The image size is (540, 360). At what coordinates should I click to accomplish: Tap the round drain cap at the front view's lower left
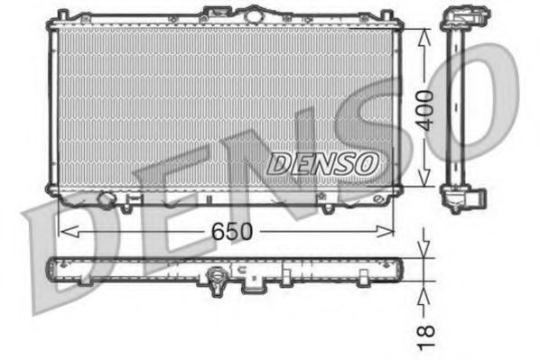click(106, 199)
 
